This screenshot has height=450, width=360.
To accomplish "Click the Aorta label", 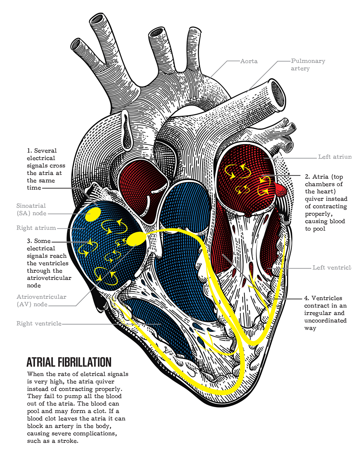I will pyautogui.click(x=249, y=61).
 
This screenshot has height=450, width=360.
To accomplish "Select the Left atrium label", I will pyautogui.click(x=334, y=157).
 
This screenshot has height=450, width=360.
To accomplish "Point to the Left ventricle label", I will pyautogui.click(x=331, y=267).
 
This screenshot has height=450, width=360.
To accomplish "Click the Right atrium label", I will pyautogui.click(x=36, y=228).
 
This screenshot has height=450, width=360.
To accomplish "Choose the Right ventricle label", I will pyautogui.click(x=39, y=324).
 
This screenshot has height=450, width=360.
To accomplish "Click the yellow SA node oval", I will pyautogui.click(x=93, y=214).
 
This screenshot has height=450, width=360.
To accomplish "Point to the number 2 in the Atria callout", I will pyautogui.click(x=307, y=177).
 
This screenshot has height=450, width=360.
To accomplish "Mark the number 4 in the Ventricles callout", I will pyautogui.click(x=306, y=298).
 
